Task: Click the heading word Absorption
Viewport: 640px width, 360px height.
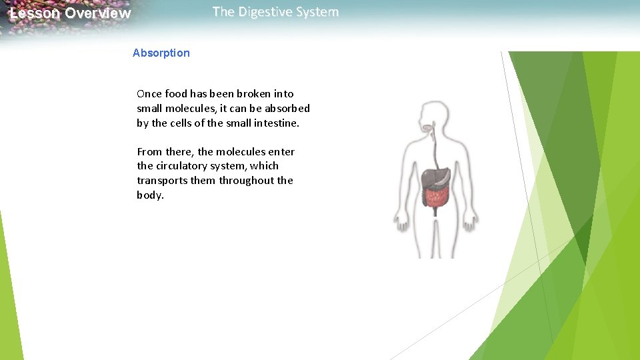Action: click(161, 53)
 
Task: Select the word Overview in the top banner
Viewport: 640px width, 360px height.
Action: click(98, 13)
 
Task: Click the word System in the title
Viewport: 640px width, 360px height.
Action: click(318, 12)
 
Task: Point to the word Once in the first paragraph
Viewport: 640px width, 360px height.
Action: click(150, 94)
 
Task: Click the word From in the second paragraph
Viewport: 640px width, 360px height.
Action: click(150, 152)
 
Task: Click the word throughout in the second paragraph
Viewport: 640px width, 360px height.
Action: click(247, 181)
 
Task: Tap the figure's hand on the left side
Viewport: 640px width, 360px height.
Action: click(401, 221)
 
